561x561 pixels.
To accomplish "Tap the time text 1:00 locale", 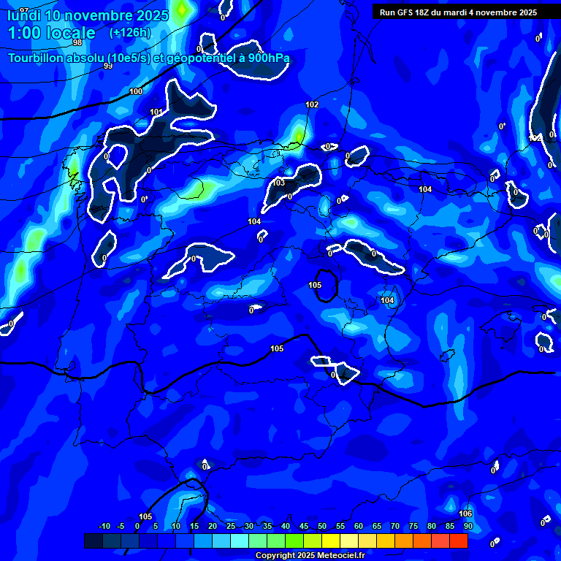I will [x=52, y=33].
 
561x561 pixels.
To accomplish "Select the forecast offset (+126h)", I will [x=129, y=33].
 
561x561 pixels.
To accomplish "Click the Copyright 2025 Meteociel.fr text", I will [x=310, y=555].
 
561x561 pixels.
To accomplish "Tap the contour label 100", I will [x=136, y=91].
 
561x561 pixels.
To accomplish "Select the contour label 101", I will [x=156, y=112].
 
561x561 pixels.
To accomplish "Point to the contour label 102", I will [x=312, y=104].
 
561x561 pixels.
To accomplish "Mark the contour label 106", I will [x=465, y=514].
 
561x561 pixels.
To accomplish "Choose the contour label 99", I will [x=108, y=66].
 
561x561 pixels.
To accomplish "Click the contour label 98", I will [x=77, y=42].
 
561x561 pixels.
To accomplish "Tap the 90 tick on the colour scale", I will [x=467, y=526].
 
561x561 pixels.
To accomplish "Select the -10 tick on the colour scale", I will [x=104, y=526].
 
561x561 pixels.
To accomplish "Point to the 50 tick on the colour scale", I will [x=322, y=526].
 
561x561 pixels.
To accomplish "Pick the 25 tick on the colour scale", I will [x=231, y=526].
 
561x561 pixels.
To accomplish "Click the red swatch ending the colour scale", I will [x=458, y=541].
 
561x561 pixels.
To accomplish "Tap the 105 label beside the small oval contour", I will [x=315, y=285].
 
